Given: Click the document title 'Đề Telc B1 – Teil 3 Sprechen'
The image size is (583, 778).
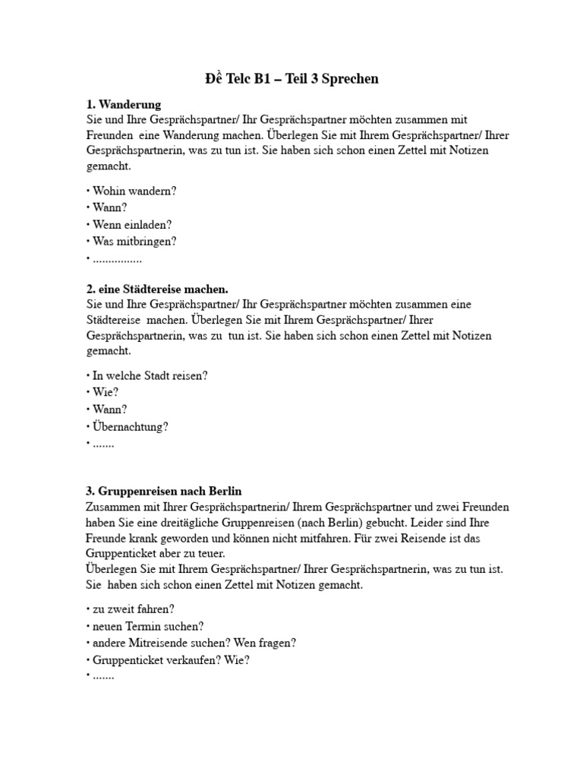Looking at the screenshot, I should (291, 79).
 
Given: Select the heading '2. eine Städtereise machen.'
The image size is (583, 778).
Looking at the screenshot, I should (157, 289).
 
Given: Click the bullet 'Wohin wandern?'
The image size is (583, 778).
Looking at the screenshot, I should (134, 191).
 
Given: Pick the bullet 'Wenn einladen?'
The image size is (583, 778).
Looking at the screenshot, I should (132, 224).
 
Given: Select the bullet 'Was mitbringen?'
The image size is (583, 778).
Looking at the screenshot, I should (135, 241).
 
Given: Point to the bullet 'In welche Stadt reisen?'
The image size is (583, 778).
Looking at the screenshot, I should (150, 375).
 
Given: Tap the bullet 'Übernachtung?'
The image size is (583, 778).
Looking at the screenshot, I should (130, 426).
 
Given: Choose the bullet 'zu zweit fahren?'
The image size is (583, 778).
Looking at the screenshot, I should (134, 609).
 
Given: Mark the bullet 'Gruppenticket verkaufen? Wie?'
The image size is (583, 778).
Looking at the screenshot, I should (171, 659).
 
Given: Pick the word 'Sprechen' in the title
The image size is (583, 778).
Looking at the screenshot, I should (350, 79).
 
